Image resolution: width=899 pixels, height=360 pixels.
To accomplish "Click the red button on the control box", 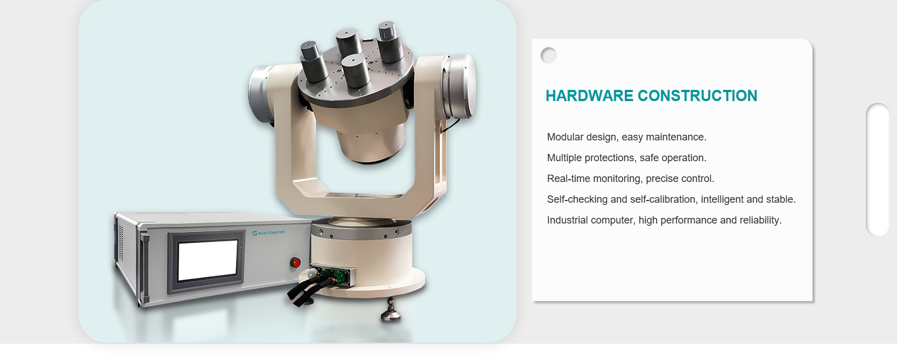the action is tap(296, 263).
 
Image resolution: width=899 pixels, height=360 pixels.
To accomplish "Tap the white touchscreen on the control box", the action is tap(207, 259).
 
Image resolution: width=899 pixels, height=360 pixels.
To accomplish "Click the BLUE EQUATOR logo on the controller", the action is tap(268, 233).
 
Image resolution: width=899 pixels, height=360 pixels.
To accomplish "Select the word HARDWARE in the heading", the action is tap(589, 96).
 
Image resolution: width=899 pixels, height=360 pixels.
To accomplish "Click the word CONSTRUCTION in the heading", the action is tap(697, 96).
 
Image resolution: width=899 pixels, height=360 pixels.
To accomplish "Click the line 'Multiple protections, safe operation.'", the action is tap(626, 158).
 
